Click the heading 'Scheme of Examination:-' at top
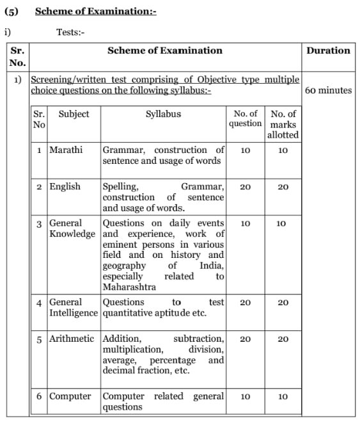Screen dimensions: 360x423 pos(95,12)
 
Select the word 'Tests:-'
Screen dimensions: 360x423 pos(70,32)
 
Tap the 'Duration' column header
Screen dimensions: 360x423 pos(328,51)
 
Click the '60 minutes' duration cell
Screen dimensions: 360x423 pos(328,90)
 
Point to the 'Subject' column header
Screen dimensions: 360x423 pos(74,114)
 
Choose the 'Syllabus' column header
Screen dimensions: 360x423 pos(163,114)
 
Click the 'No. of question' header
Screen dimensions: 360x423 pos(246,118)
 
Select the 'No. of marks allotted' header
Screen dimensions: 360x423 pos(283,124)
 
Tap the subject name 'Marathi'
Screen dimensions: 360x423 pos(66,150)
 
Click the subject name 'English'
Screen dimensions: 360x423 pos(65,186)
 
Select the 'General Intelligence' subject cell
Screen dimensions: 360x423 pos(74,307)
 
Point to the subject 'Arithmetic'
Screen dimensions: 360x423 pos(72,339)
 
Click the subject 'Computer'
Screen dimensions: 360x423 pos(70,396)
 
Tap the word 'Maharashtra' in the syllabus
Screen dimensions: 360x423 pos(129,287)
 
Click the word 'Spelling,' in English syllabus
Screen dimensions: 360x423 pos(120,186)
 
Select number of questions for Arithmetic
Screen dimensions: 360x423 pos(246,339)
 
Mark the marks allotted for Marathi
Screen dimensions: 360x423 pos(283,150)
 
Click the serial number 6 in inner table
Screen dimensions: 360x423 pos(40,396)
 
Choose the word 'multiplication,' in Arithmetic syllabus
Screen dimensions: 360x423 pos(132,349)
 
